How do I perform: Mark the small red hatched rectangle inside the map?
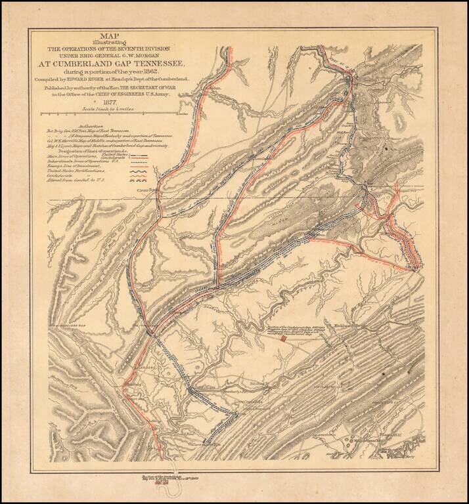click(283, 340)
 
